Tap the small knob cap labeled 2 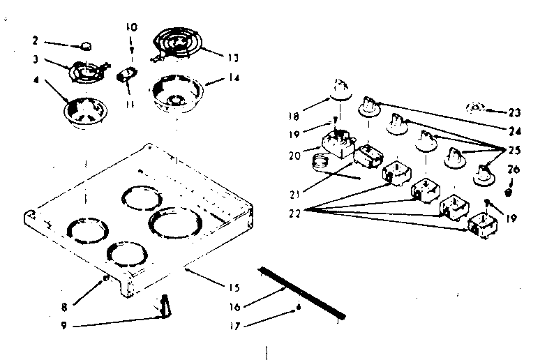87,46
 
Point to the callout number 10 131,27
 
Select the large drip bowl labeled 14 177,92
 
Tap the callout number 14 232,79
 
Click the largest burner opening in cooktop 177,225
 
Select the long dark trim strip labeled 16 301,292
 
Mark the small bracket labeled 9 165,304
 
